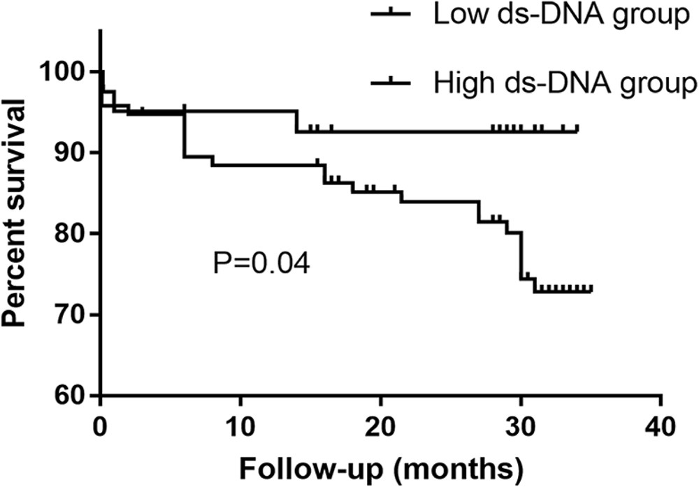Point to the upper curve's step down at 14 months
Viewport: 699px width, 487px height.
296,121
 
